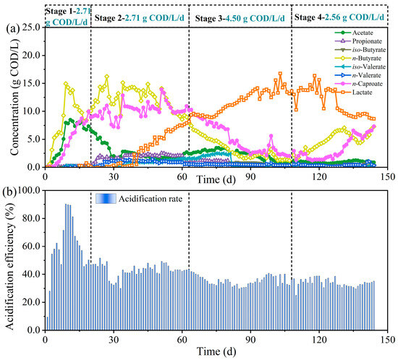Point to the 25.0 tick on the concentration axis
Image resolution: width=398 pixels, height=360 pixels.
pyautogui.click(x=31, y=27)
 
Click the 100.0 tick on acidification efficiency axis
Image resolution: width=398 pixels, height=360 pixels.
pyautogui.click(x=29, y=190)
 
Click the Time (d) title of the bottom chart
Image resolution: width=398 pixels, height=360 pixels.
pyautogui.click(x=216, y=352)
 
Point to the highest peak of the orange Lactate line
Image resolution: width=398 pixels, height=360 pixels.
pyautogui.click(x=280, y=74)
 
